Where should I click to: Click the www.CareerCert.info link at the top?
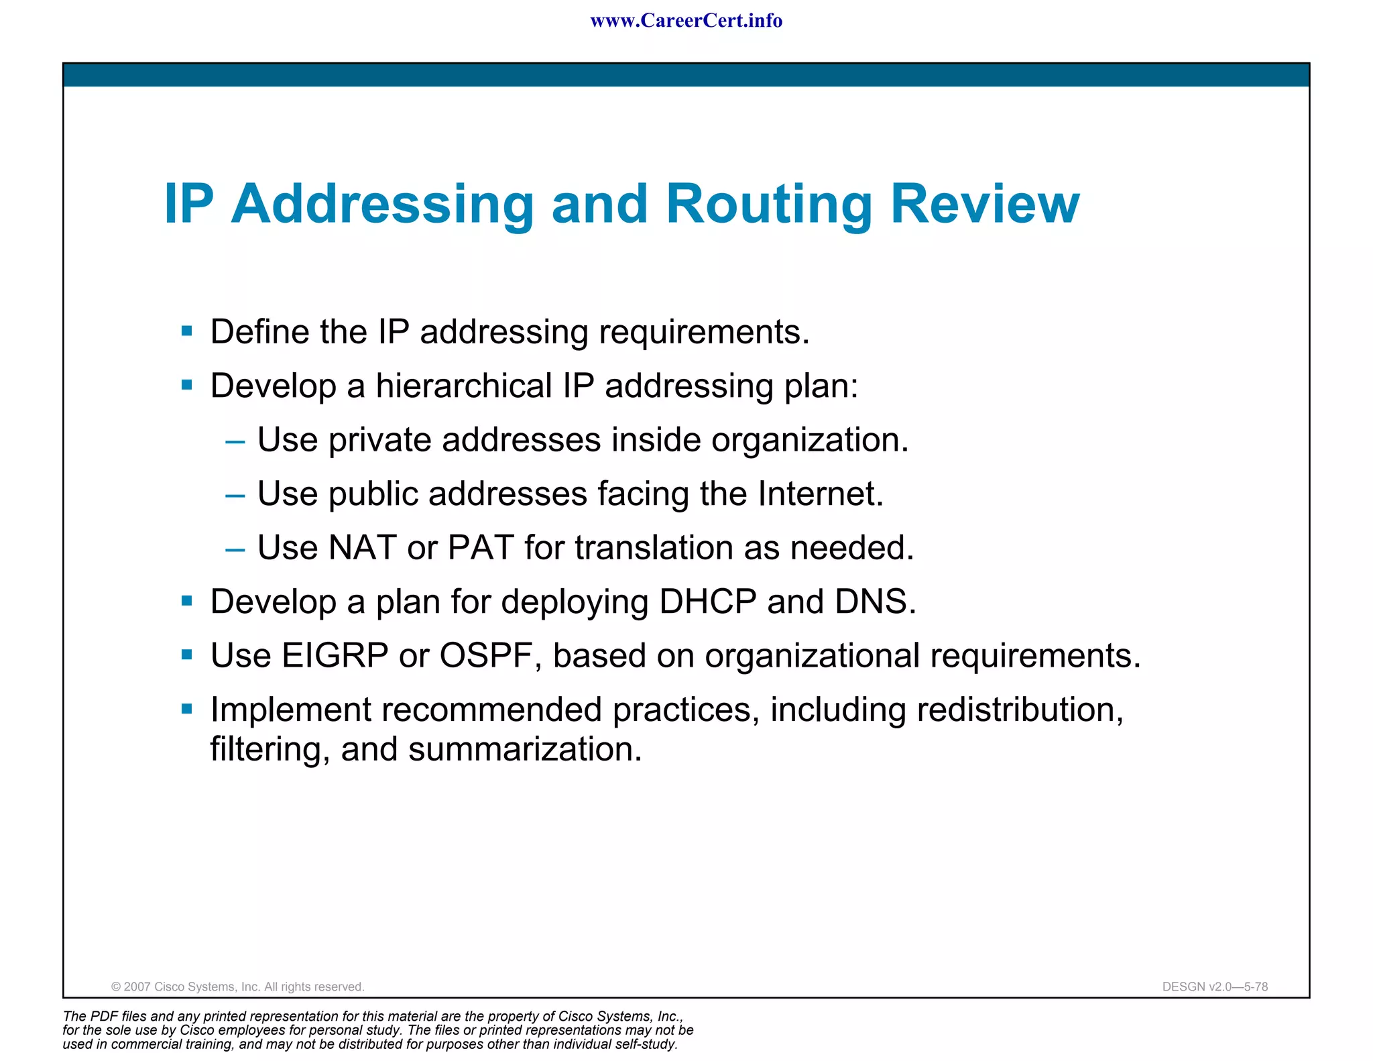pos(686,21)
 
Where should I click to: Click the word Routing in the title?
pos(769,204)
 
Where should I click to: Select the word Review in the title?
pos(985,204)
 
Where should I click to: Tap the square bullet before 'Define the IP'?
pos(187,331)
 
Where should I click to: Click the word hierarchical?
pos(463,386)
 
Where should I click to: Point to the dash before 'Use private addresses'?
pos(235,442)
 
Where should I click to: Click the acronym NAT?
pos(362,548)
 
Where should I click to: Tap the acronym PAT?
pos(481,548)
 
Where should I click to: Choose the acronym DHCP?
pos(707,602)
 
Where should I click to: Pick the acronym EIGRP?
pos(335,656)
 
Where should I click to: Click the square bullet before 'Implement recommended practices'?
pos(187,708)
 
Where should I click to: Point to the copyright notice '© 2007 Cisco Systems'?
pos(237,987)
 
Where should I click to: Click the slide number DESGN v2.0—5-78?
pos(1215,987)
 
